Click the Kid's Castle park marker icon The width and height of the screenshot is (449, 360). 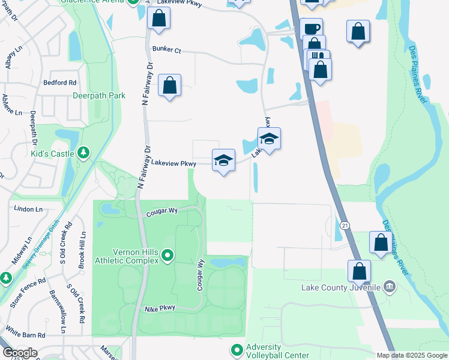(83, 153)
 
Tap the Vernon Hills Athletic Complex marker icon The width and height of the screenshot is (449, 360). (167, 256)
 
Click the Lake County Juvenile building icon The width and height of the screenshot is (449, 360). (391, 287)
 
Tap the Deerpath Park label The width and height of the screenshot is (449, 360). (98, 95)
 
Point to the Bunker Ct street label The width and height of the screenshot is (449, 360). (166, 50)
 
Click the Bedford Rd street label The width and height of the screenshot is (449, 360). (60, 82)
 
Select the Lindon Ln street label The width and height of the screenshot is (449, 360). (29, 209)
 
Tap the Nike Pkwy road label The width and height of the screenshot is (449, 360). (159, 309)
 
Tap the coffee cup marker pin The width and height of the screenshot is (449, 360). (311, 28)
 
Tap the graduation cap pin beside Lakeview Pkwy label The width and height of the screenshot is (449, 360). (223, 160)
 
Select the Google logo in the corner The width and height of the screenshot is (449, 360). (20, 353)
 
